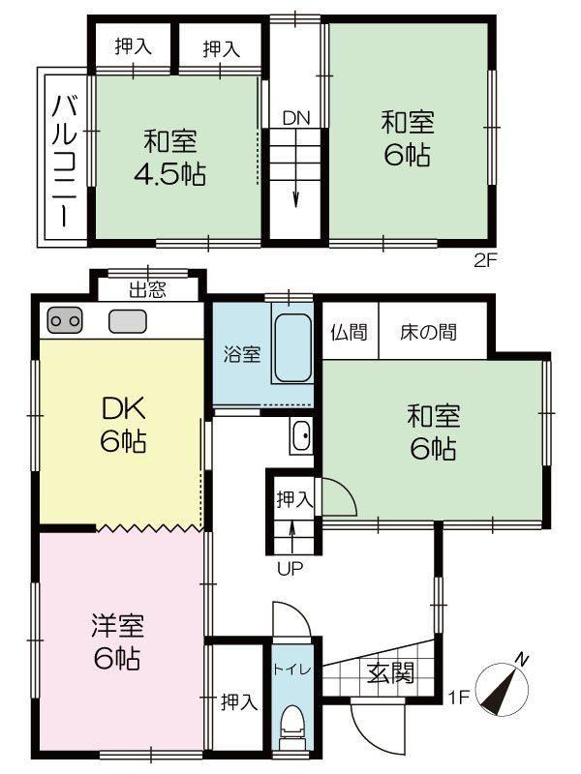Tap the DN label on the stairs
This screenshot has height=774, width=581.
tap(296, 118)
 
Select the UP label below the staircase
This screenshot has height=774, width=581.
tap(290, 568)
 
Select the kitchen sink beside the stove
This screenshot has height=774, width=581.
tap(126, 320)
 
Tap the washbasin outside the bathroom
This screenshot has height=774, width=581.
tap(300, 437)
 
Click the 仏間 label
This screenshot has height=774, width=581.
tap(349, 332)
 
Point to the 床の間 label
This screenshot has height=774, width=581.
tap(429, 332)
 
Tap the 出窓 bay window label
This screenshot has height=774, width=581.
tap(147, 287)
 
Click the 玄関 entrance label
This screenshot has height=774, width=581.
tap(391, 671)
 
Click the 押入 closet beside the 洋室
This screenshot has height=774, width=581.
tap(238, 701)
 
